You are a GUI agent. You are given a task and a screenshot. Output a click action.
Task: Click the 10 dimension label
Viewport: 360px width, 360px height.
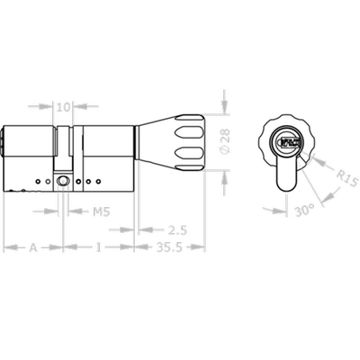63,107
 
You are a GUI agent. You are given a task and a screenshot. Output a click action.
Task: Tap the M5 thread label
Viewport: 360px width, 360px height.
101,211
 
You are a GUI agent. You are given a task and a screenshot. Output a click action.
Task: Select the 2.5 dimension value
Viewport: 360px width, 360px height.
177,230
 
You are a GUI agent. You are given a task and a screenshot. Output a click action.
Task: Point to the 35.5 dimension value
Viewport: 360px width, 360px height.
169,247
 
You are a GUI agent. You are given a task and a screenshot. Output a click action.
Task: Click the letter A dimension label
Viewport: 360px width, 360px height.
33,247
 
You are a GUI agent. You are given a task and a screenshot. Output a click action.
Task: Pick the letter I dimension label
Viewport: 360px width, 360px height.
98,247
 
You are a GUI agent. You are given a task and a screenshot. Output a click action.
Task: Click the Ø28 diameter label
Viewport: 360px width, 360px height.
225,141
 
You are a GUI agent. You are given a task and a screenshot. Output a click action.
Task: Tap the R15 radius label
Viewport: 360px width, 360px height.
347,179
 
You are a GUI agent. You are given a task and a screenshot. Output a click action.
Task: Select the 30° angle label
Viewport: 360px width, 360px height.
305,210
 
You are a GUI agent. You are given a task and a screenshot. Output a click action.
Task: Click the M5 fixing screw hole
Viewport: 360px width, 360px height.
63,181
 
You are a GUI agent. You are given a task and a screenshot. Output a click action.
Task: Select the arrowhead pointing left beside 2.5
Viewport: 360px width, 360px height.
145,230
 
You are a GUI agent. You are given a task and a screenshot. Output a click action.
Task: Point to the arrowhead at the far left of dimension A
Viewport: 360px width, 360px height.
10,247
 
